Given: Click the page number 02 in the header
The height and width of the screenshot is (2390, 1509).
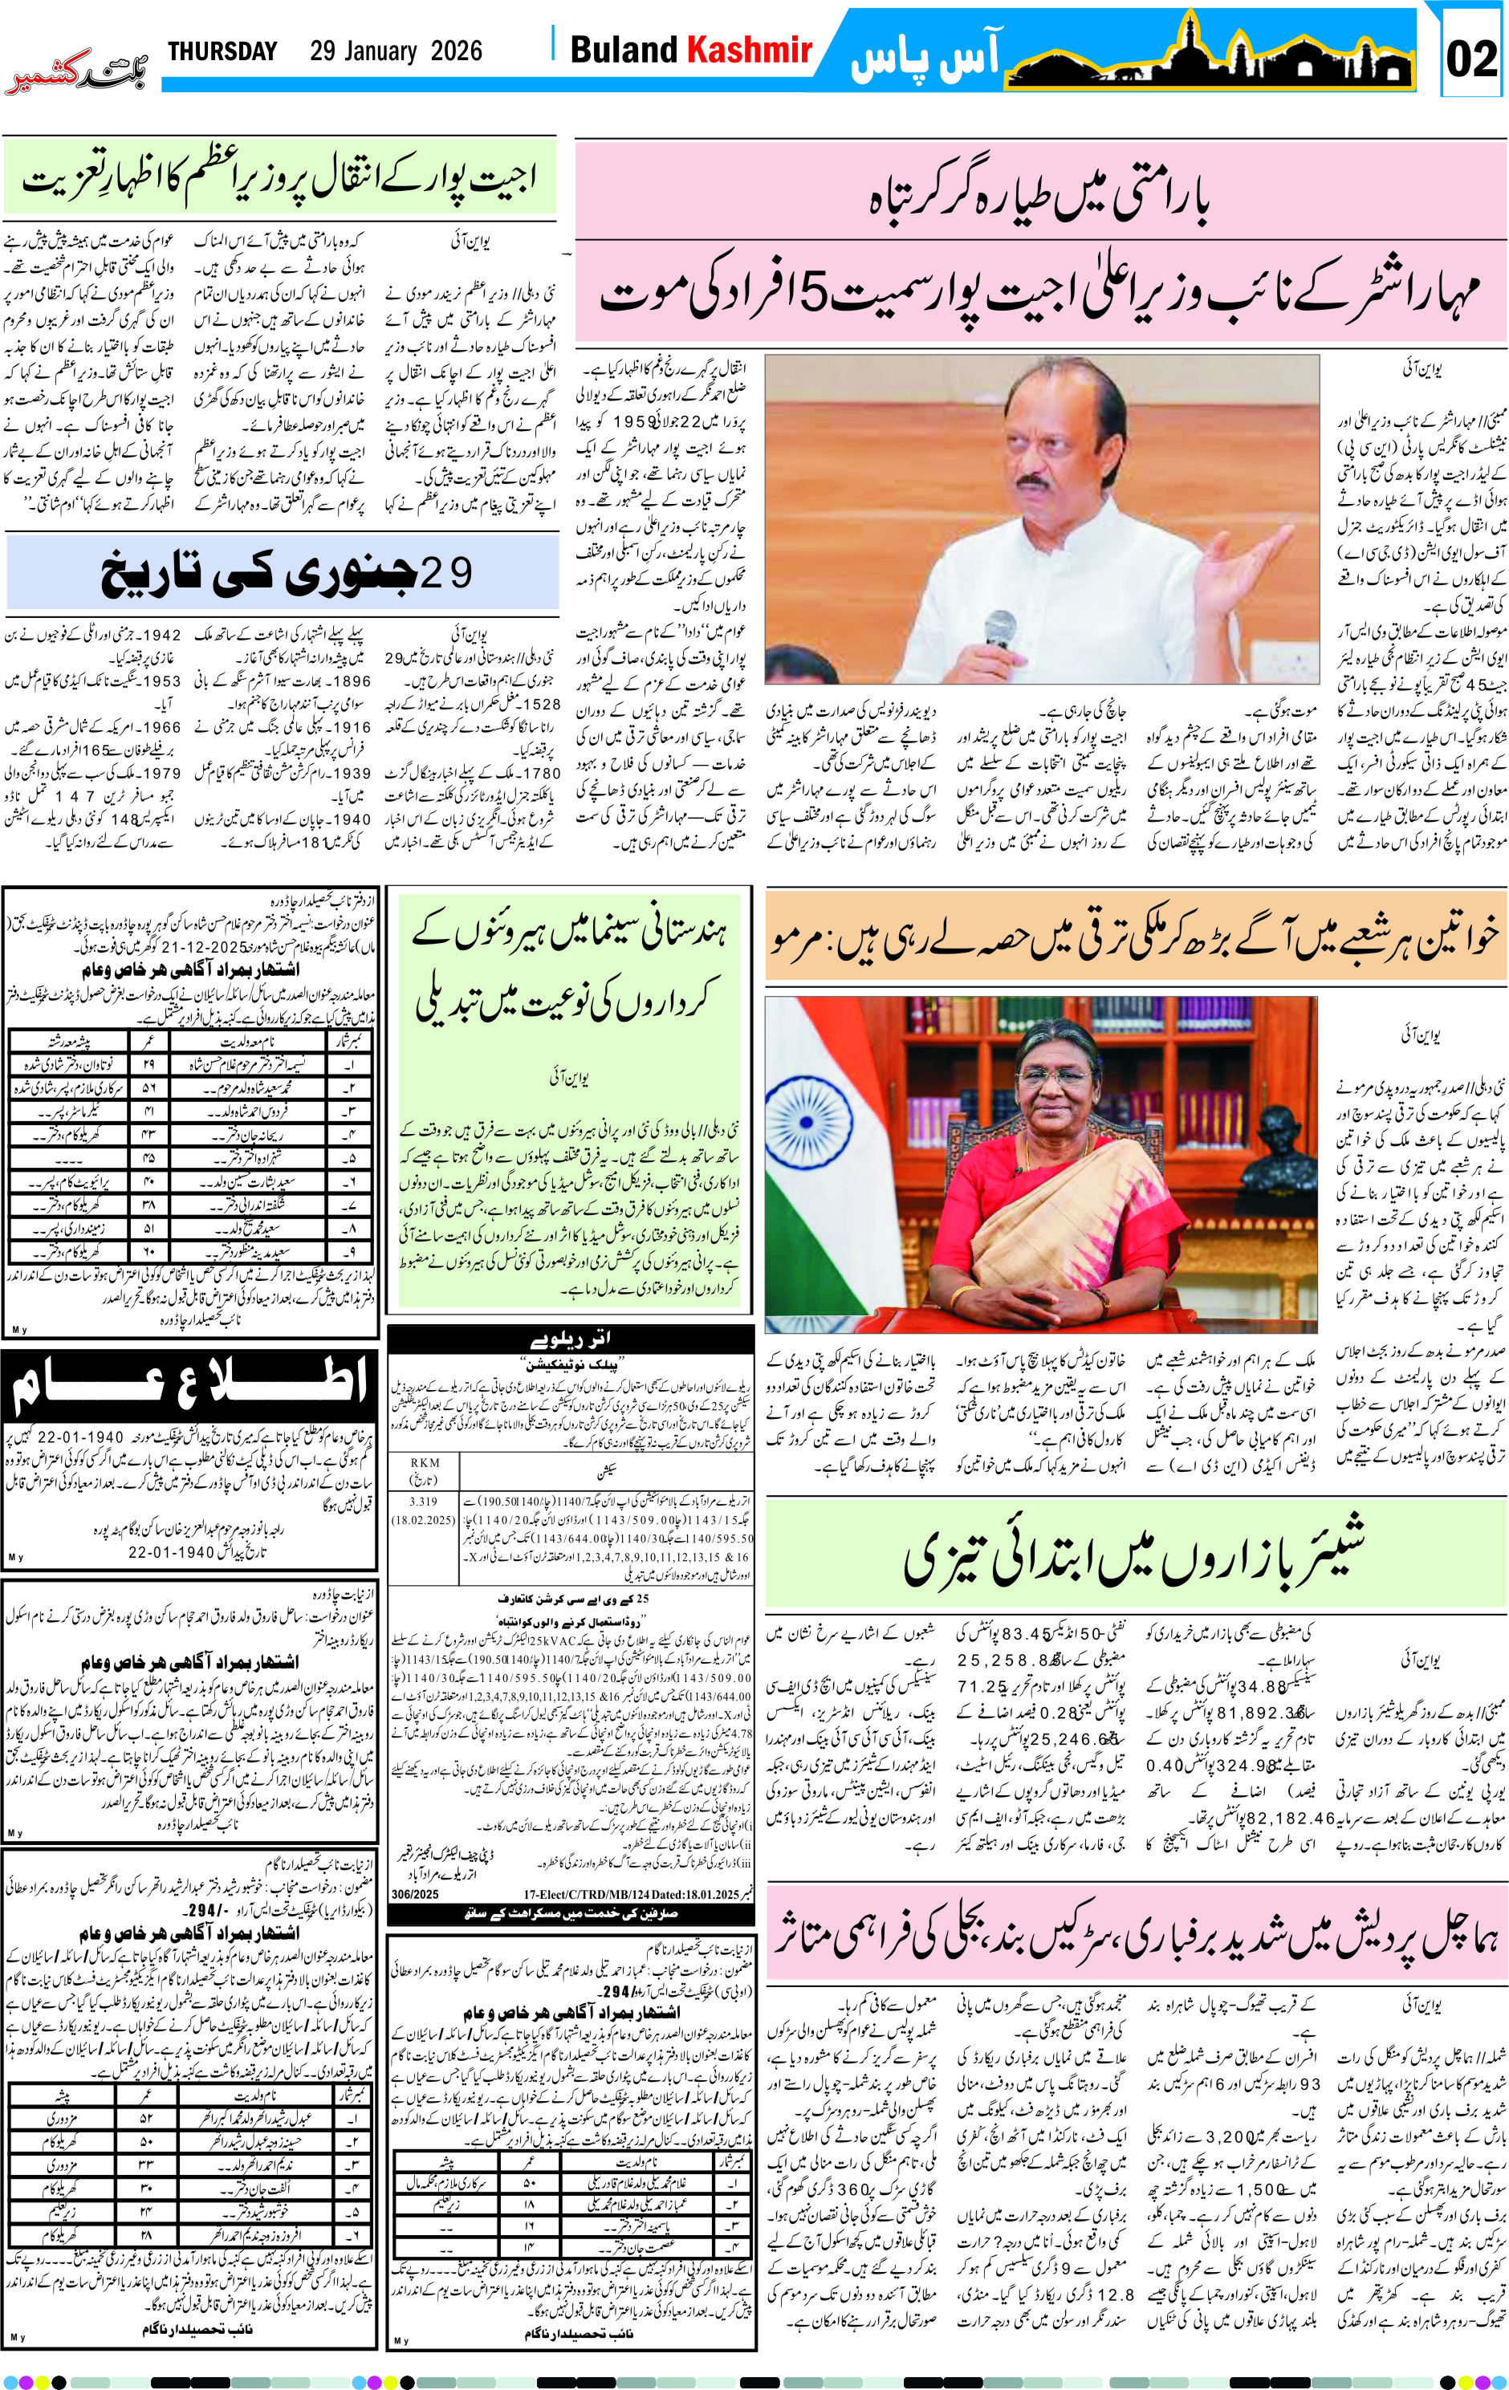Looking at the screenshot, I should point(1470,59).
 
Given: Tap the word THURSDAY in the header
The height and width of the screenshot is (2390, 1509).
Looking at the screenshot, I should point(222,51).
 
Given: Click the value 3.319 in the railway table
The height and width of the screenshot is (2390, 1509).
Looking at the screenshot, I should point(423,1502).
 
